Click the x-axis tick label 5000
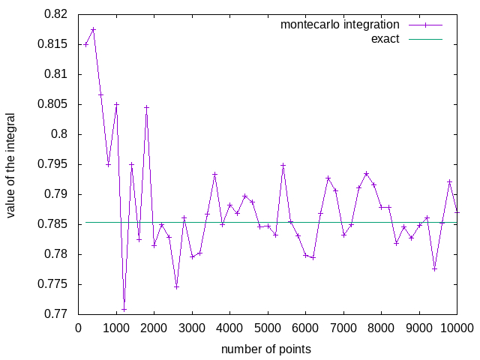(x=268, y=328)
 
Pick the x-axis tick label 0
(x=79, y=328)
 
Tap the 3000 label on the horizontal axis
(x=192, y=328)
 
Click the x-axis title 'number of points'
(x=266, y=349)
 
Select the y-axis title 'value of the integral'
(x=11, y=165)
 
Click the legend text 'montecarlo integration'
(x=340, y=24)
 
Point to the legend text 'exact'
(x=385, y=38)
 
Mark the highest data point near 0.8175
(x=94, y=29)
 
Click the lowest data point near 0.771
(x=124, y=309)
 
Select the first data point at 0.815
(x=86, y=44)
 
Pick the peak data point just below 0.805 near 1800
(x=147, y=107)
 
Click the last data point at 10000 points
(x=457, y=211)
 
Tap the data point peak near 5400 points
(x=283, y=165)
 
